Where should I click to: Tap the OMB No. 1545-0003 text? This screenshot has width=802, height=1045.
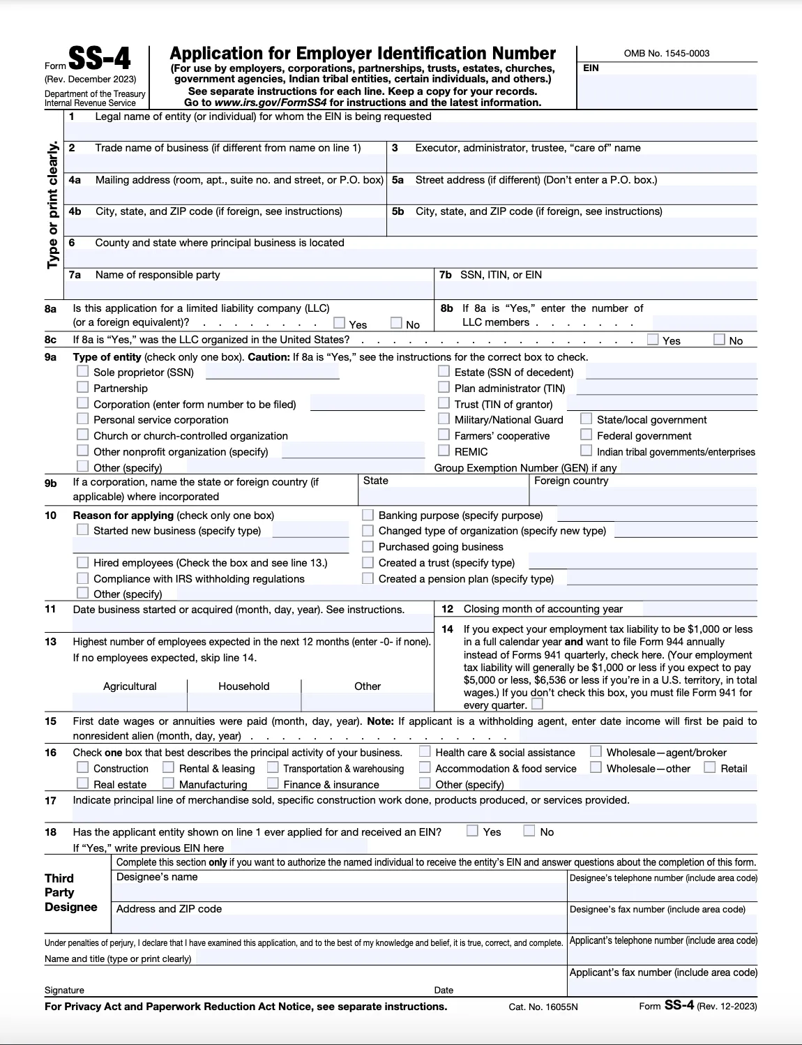pos(666,54)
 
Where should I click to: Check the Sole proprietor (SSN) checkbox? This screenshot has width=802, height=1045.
pos(83,371)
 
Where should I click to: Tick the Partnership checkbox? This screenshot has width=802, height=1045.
pos(83,387)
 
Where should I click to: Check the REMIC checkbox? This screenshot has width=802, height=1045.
pos(444,451)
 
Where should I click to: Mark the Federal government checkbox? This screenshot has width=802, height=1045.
pos(587,435)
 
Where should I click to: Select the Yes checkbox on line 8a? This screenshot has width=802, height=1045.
pos(340,322)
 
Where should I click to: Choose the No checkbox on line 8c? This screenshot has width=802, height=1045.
pos(720,339)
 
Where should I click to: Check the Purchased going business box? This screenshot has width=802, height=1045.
pos(368,546)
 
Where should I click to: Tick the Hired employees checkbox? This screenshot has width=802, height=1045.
pos(83,562)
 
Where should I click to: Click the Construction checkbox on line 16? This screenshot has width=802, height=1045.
pos(83,767)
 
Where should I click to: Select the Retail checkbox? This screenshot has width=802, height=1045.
pos(710,767)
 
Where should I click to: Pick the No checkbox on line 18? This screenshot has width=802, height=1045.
pos(530,831)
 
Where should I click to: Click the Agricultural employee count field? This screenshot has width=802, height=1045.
pos(129,702)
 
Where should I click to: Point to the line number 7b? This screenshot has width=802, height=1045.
pos(446,275)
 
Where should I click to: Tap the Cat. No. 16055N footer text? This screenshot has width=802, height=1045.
pos(543,1007)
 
